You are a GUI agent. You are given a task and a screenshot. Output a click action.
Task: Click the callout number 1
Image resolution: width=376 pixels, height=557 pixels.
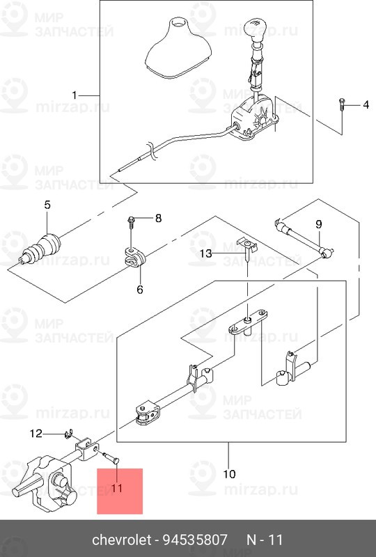(75, 95)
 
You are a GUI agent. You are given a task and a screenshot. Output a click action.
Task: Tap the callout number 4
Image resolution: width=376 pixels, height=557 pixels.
(366, 105)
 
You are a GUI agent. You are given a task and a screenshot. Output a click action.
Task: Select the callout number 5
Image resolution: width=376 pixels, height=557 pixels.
(47, 205)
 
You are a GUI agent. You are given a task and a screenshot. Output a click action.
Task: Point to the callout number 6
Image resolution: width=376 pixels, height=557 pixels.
(140, 290)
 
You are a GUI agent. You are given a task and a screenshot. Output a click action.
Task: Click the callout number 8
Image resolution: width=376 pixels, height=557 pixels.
(158, 218)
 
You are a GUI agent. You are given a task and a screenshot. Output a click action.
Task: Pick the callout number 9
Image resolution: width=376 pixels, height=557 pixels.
(318, 224)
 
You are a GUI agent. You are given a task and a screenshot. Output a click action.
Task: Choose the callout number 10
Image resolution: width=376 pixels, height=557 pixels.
(229, 474)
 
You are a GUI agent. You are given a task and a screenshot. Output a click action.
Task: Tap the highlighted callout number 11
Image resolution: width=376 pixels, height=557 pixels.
(116, 488)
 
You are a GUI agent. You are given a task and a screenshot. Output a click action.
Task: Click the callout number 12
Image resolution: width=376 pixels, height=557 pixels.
(36, 433)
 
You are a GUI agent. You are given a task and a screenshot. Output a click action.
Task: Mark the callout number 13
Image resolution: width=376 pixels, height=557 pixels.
(206, 253)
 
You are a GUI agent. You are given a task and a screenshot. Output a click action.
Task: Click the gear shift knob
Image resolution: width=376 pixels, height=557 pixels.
(254, 31)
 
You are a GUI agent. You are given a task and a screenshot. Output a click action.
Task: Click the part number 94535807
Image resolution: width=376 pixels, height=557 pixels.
(195, 540)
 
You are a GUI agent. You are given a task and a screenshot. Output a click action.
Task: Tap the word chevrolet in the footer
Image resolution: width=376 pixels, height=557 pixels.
(122, 540)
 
